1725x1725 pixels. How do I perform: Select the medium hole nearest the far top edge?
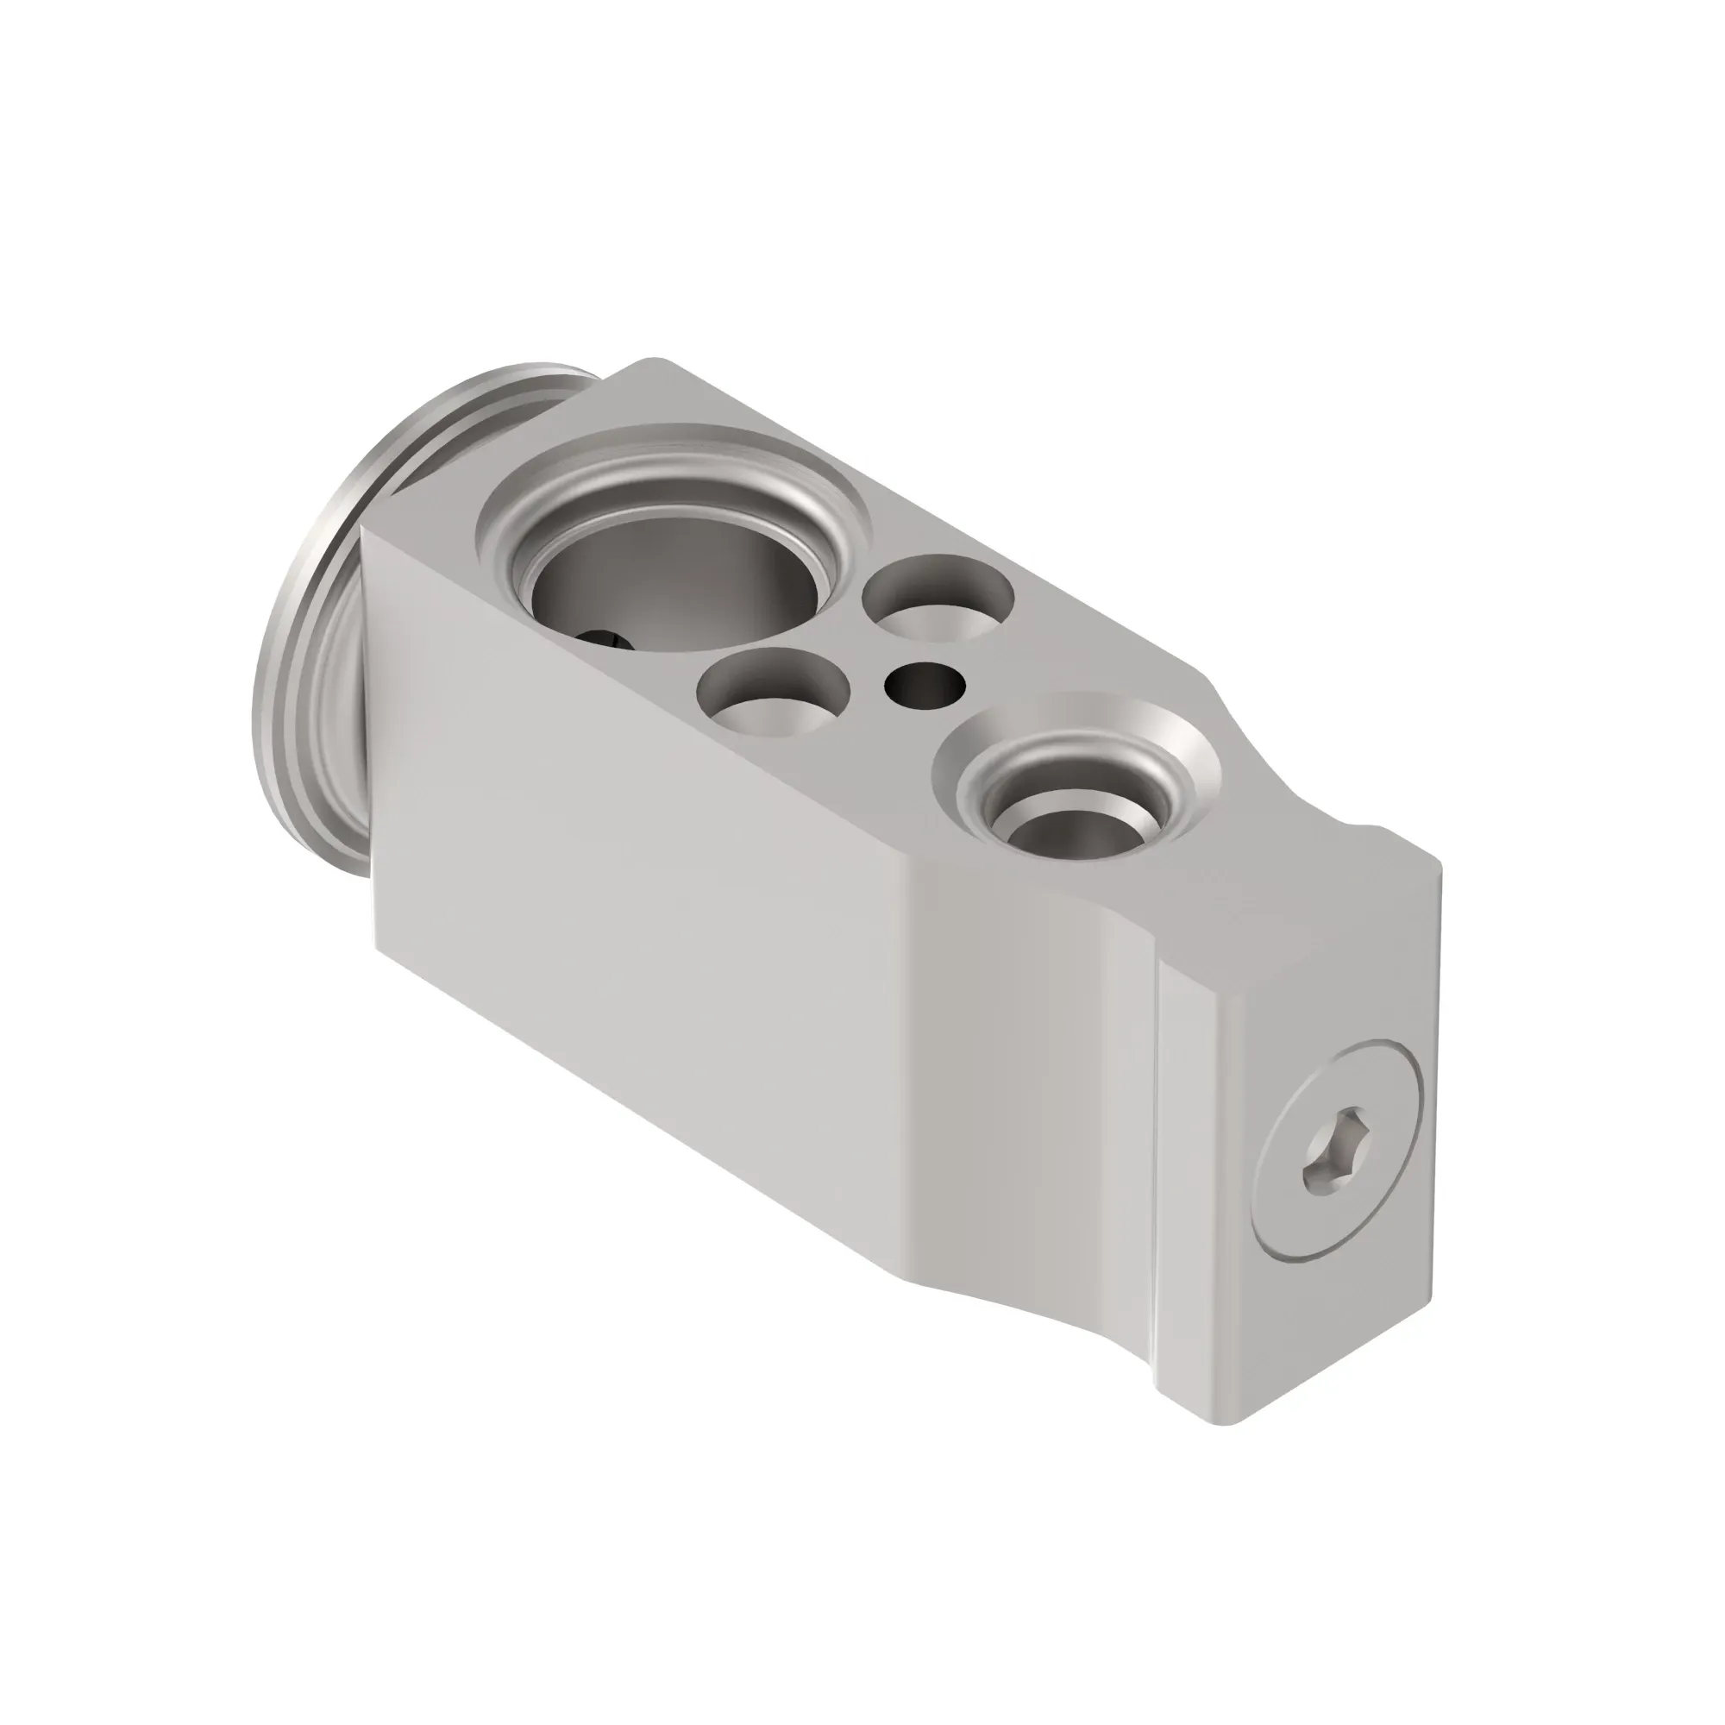coord(939,597)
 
